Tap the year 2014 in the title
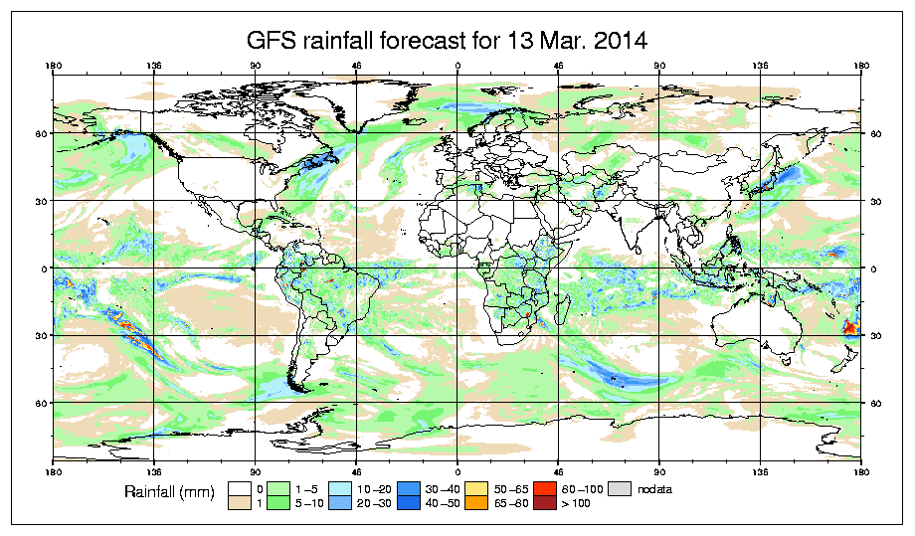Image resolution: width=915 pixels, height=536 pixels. pos(620,42)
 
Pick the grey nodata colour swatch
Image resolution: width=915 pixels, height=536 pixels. pos(621,489)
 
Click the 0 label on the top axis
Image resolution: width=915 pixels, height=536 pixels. pos(457,67)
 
